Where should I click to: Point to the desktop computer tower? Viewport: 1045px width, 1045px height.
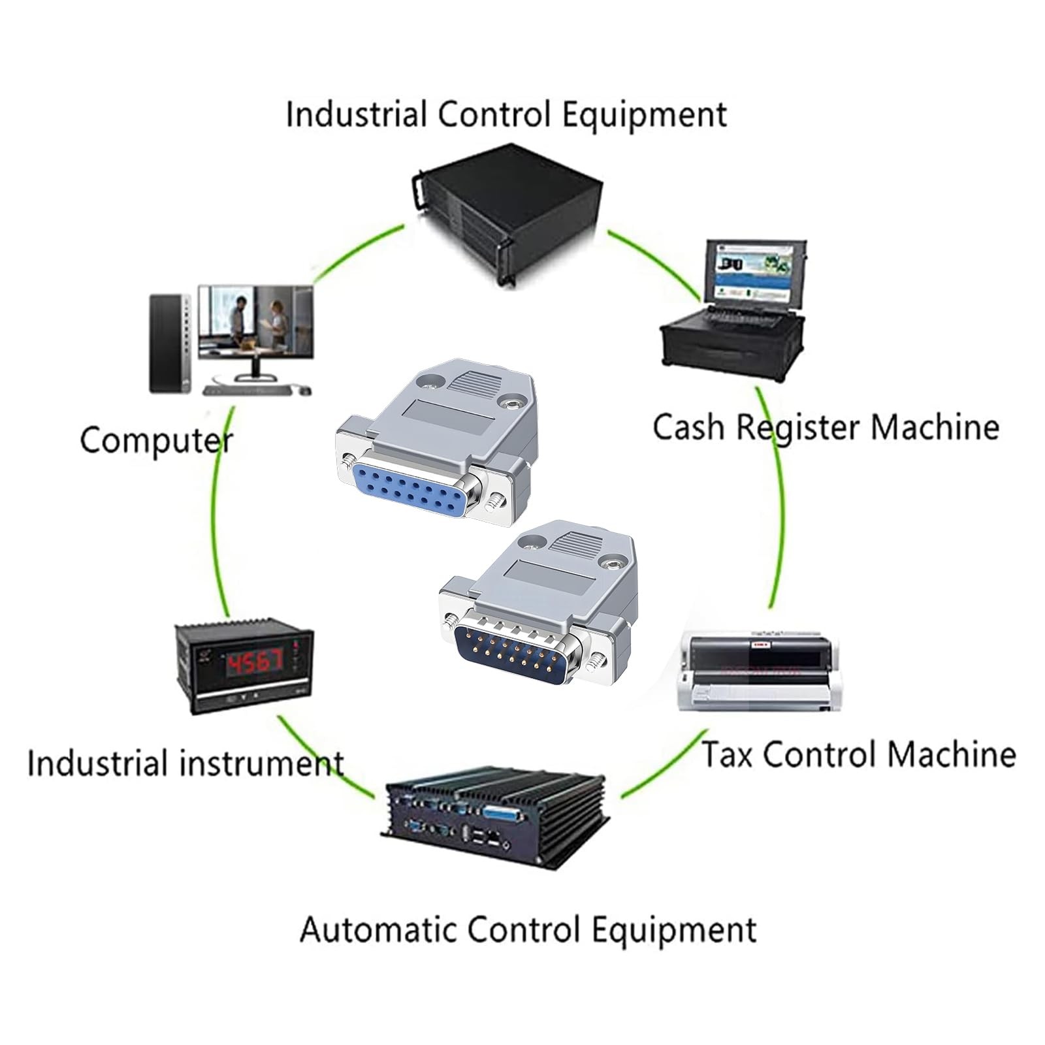click(169, 343)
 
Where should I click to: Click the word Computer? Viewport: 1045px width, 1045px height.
click(156, 441)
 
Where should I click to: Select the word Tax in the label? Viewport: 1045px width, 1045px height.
click(728, 754)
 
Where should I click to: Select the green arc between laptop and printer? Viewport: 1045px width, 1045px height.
click(780, 496)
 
